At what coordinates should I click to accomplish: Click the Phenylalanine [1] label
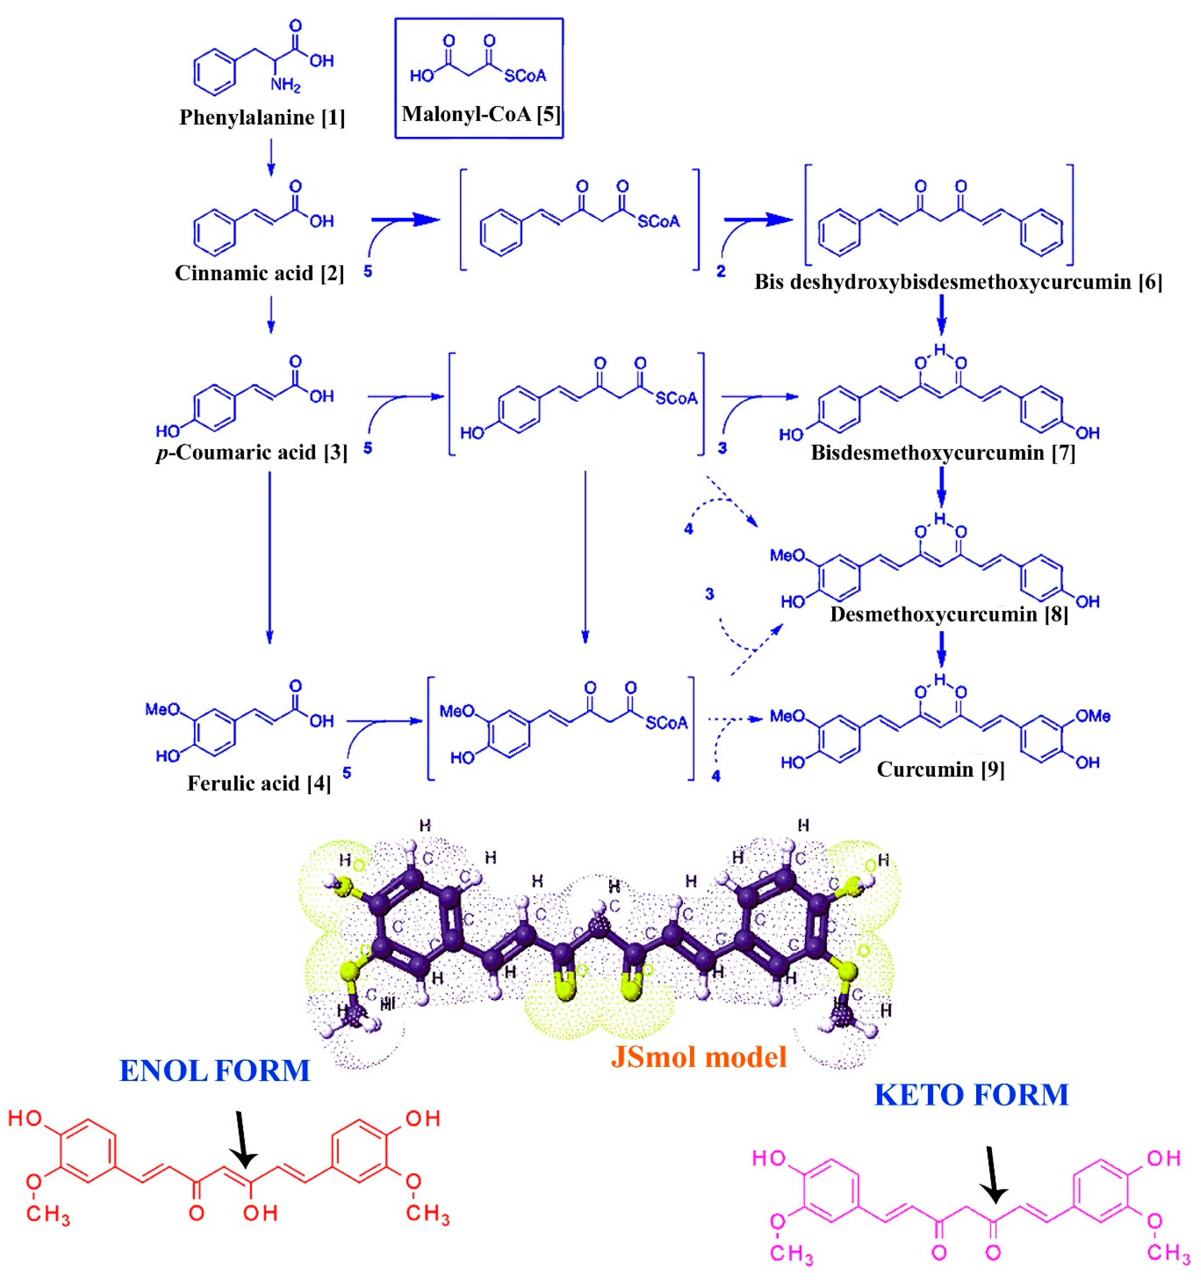coord(262,118)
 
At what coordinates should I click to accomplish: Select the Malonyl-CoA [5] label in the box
coord(480,114)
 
